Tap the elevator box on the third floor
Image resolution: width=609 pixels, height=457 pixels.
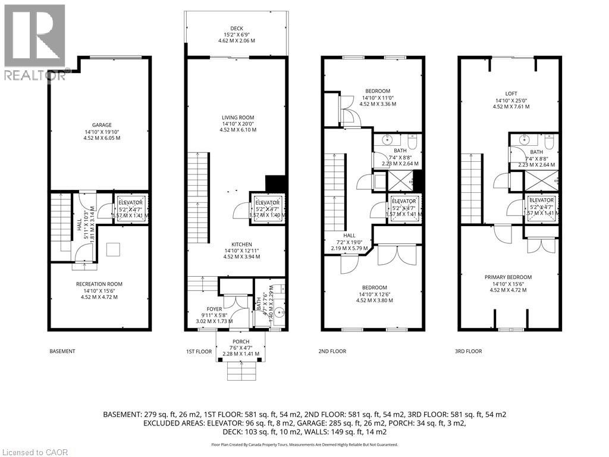[541, 206]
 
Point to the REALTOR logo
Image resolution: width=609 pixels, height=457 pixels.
[34, 42]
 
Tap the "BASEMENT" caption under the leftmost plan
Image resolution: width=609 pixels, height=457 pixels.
[62, 351]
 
